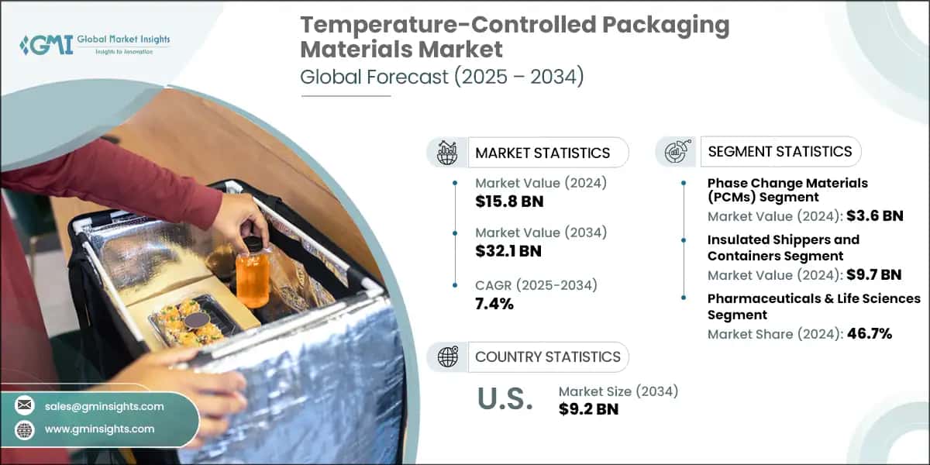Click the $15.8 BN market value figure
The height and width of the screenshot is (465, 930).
(509, 202)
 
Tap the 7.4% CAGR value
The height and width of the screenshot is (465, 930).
(494, 304)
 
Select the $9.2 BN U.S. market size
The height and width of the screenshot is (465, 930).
(588, 409)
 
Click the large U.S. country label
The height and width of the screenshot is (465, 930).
(505, 398)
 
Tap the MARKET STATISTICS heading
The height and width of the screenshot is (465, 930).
(542, 153)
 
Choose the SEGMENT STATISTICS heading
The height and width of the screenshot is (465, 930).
(779, 151)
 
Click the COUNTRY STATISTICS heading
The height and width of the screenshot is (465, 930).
(547, 356)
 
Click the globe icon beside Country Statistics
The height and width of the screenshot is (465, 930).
(448, 356)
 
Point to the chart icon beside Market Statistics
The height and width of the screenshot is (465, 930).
(448, 152)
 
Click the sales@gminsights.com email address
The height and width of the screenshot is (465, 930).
(105, 406)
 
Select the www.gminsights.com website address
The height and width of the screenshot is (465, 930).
(99, 429)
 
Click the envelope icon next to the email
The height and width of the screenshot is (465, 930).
(25, 406)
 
